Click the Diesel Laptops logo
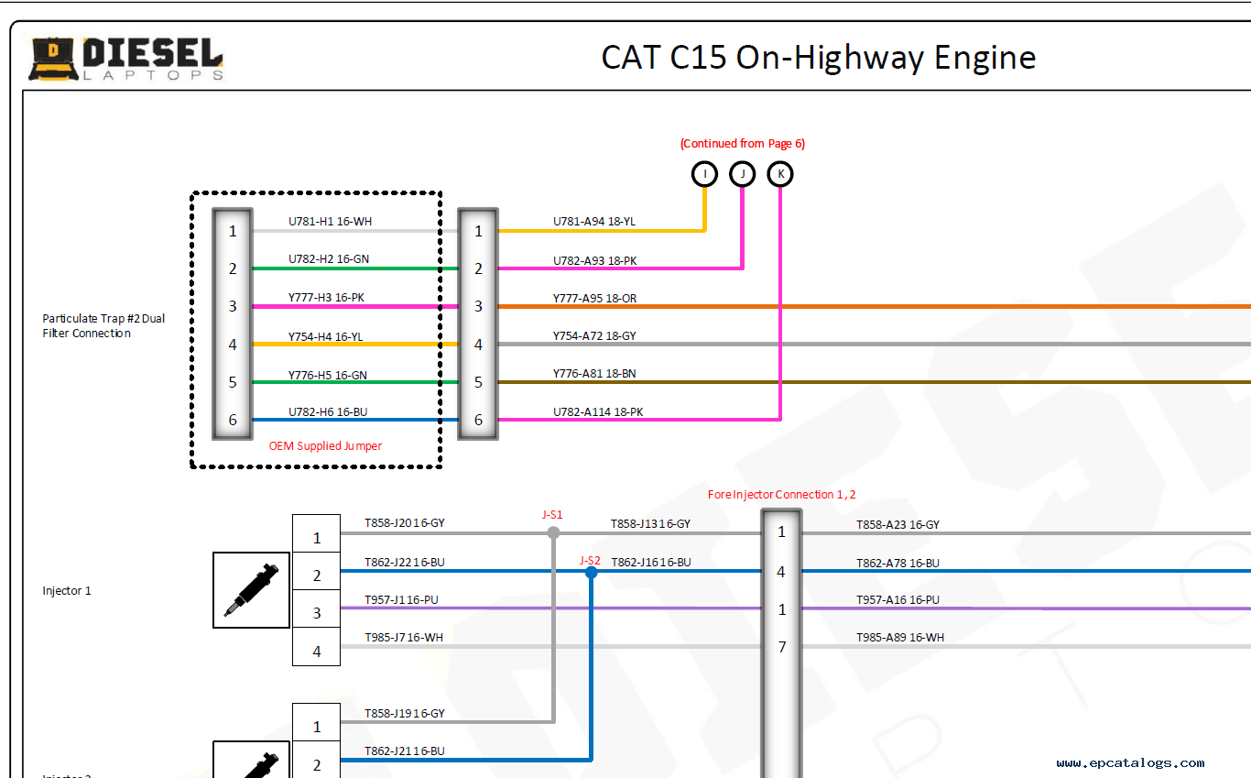(125, 59)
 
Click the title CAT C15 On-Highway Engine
(818, 58)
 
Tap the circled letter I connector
(704, 173)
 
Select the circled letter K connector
(780, 173)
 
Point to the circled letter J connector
(742, 173)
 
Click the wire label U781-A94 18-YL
(593, 222)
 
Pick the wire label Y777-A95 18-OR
(594, 298)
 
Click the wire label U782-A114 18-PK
(597, 412)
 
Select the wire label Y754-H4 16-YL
(325, 337)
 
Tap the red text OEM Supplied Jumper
(325, 446)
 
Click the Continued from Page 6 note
(742, 143)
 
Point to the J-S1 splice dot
(553, 532)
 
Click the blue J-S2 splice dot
(591, 572)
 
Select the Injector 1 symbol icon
(251, 590)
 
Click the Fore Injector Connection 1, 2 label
(781, 495)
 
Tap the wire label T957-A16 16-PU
(897, 600)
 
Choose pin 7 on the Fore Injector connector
(781, 647)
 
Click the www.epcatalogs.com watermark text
(1130, 762)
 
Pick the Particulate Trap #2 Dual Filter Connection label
(103, 326)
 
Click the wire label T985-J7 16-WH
(403, 637)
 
